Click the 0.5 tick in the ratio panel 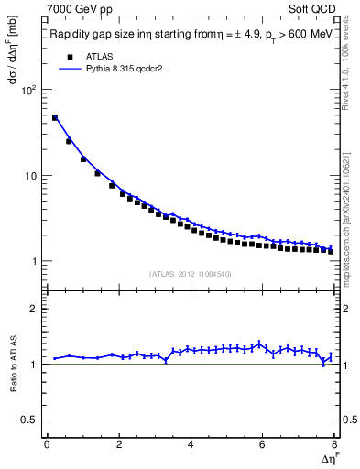(x=27, y=420)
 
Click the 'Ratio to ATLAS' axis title (x=12, y=364)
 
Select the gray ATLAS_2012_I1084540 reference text (x=191, y=274)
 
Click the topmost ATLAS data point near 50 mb (x=55, y=118)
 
